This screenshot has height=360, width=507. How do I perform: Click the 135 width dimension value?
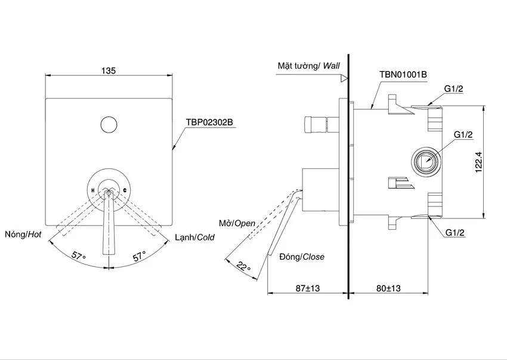[x=109, y=70]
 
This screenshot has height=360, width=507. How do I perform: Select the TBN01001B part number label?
[x=403, y=75]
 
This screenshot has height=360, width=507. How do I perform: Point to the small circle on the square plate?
[x=109, y=125]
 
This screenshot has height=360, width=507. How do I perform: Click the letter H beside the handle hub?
[x=93, y=190]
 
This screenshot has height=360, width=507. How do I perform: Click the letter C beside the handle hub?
[x=125, y=190]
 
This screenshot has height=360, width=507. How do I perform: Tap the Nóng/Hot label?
[x=23, y=235]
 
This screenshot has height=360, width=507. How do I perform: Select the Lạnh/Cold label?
[x=194, y=238]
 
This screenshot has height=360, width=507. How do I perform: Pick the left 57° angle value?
[x=79, y=256]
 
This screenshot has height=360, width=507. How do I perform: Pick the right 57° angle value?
[x=140, y=256]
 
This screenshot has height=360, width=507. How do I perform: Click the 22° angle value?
[x=243, y=266]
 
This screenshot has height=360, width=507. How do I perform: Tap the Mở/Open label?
[x=237, y=223]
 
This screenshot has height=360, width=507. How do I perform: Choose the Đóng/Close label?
[x=302, y=257]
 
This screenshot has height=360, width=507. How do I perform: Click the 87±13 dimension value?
[x=308, y=288]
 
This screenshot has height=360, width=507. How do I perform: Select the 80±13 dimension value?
[x=388, y=288]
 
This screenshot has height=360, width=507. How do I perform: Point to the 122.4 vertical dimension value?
[x=479, y=162]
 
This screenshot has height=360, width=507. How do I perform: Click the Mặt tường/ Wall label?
[x=309, y=66]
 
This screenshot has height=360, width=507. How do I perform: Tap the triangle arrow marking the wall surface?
[x=345, y=78]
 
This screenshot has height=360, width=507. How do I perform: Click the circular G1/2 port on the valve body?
[x=426, y=161]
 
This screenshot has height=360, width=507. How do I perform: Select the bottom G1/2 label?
[x=455, y=232]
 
